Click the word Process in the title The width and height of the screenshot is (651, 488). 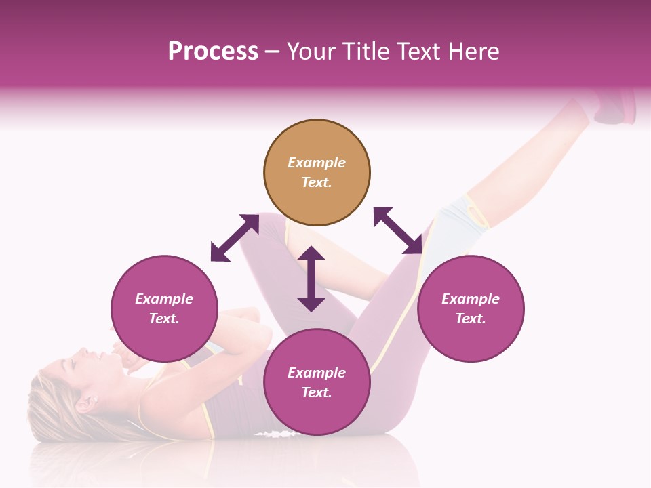click(x=213, y=52)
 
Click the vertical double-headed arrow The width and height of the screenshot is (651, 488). click(x=311, y=279)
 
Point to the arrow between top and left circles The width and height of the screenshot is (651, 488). click(x=235, y=238)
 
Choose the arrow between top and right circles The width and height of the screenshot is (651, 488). click(x=397, y=230)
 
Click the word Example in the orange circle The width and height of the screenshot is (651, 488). click(x=317, y=163)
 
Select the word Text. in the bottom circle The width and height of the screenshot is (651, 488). click(x=317, y=392)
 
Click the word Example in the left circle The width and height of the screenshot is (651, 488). click(x=164, y=299)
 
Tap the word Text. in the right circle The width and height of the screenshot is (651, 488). click(x=471, y=319)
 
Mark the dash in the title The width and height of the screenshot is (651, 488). click(x=272, y=52)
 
